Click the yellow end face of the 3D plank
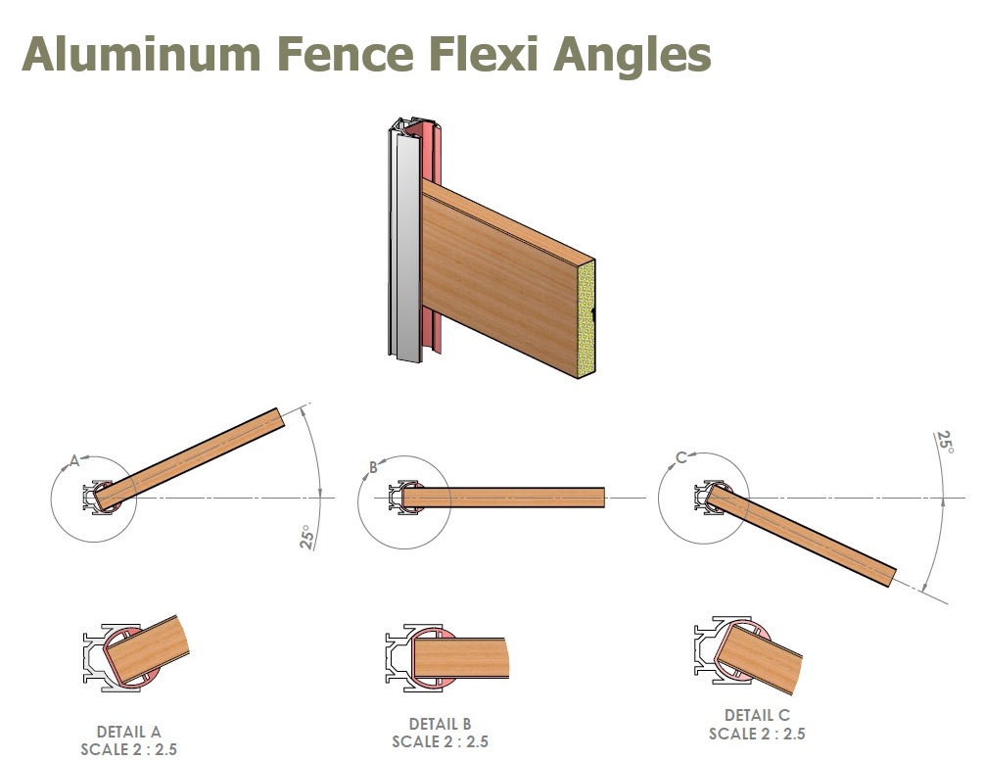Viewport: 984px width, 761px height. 586,319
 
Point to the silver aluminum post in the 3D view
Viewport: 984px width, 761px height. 401,245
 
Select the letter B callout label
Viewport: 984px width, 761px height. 373,467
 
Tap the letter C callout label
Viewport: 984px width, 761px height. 680,456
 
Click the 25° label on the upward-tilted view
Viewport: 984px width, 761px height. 307,538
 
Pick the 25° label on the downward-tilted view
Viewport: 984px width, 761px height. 944,443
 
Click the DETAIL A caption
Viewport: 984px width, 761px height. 128,732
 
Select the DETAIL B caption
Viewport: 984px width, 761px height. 440,724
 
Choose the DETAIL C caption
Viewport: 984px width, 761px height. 757,716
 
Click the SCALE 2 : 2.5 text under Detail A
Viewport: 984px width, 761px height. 128,749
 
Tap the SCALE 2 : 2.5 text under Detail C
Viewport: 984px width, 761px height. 757,734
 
